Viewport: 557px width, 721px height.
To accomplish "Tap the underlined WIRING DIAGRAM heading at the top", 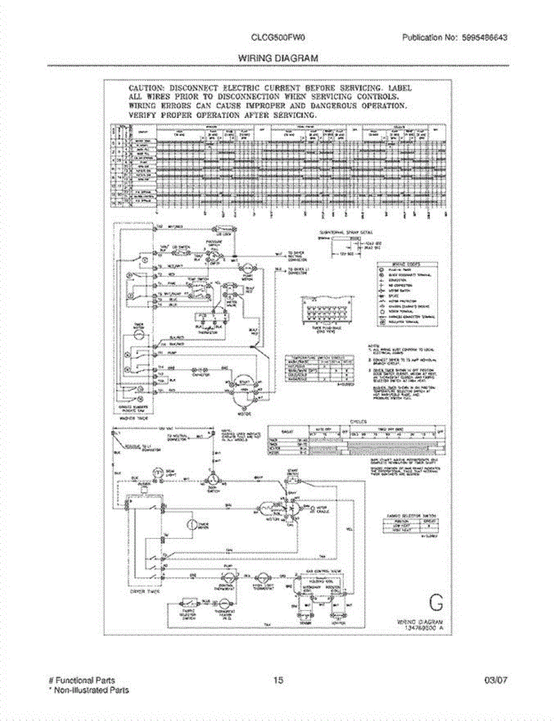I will [x=278, y=58].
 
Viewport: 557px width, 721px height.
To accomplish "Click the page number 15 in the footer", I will [x=278, y=680].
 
